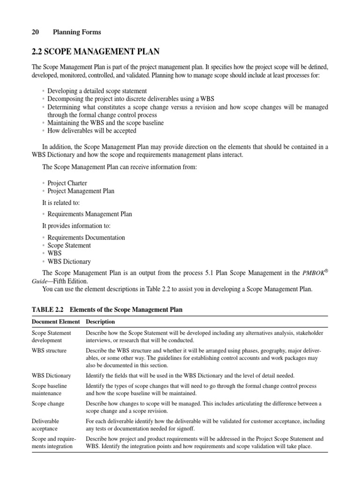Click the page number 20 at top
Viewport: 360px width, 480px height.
(x=35, y=32)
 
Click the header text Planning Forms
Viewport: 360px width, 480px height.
(x=77, y=32)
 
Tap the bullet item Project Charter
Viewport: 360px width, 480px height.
(x=67, y=183)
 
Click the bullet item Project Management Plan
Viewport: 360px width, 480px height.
(x=81, y=191)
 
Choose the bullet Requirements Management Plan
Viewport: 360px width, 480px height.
(x=90, y=214)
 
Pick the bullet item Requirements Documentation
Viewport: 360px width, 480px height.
(x=86, y=237)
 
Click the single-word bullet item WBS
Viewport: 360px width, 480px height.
(x=54, y=253)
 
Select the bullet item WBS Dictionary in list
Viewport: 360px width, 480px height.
(x=69, y=261)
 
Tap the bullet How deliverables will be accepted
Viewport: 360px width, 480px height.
(x=91, y=131)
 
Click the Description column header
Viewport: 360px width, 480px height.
(x=100, y=322)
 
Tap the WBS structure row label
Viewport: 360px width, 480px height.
(x=49, y=350)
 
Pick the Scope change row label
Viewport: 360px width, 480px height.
(x=48, y=403)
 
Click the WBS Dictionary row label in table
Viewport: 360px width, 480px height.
(x=51, y=375)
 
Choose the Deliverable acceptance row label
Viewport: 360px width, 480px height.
(x=45, y=425)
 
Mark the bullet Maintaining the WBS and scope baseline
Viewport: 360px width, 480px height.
(x=105, y=123)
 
